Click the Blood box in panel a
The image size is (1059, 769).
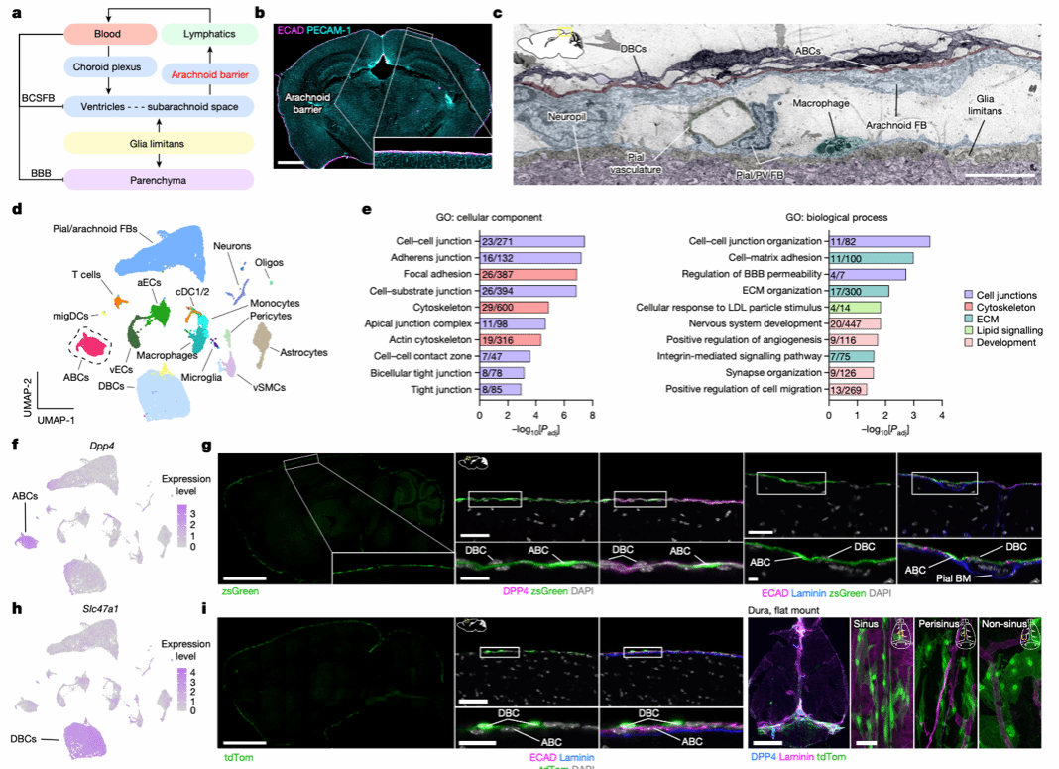(105, 33)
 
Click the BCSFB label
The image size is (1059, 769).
(38, 98)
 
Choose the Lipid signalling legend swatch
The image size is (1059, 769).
(968, 326)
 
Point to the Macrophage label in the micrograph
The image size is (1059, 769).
(820, 102)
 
